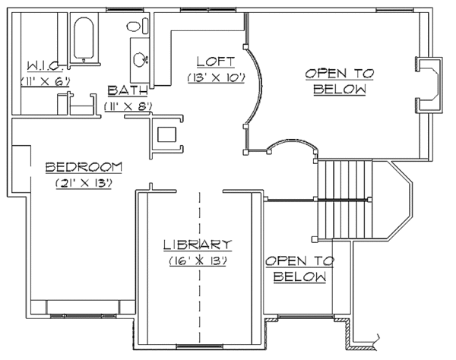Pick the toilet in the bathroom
tap(135, 27)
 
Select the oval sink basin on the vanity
tap(139, 58)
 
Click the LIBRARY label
tap(197, 245)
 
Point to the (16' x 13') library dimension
tap(197, 260)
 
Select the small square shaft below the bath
tap(166, 135)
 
